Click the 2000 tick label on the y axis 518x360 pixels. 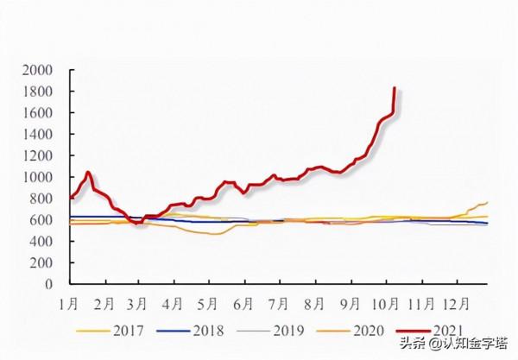click(40, 70)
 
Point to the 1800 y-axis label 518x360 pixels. click(40, 92)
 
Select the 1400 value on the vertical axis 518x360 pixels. click(40, 134)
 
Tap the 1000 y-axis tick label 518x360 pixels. click(40, 177)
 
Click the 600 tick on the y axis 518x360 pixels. click(43, 219)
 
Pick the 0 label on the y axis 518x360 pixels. click(50, 284)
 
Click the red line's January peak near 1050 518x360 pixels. click(87, 172)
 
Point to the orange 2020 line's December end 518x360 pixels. click(488, 202)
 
